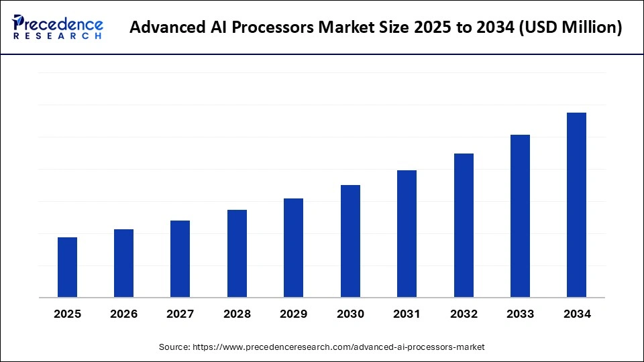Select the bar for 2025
click(67, 267)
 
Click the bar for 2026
click(123, 263)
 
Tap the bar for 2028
click(237, 253)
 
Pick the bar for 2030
click(350, 241)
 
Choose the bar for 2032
click(464, 225)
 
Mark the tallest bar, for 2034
click(576, 204)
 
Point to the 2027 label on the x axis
click(180, 314)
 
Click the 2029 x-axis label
click(294, 314)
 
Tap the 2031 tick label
click(407, 314)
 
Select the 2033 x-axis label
click(520, 314)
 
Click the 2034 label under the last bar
click(576, 314)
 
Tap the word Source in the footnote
click(174, 347)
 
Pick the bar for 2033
click(520, 216)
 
